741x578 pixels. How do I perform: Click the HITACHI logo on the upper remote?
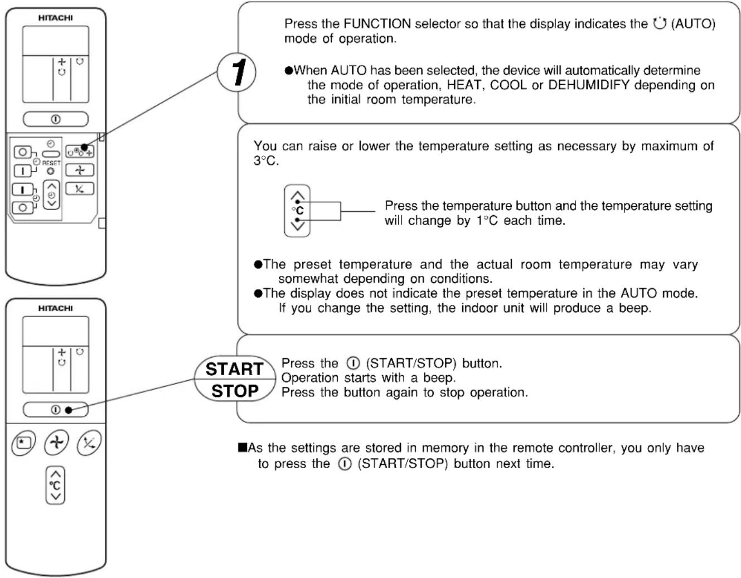55,18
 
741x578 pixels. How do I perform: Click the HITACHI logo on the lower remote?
55,308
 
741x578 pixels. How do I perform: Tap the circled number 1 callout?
236,72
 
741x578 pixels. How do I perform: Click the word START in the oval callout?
235,369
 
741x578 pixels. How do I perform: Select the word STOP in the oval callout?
235,391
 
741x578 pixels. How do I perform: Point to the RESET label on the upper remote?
51,163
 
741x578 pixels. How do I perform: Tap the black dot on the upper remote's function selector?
84,148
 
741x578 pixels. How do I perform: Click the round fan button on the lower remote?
57,443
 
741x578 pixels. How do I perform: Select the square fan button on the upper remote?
80,169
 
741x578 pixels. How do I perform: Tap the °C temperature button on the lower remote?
55,485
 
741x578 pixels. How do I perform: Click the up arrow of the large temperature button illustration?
298,196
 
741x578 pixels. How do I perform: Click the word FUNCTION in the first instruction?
377,24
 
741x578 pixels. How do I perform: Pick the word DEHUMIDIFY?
589,85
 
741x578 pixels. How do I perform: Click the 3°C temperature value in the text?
266,161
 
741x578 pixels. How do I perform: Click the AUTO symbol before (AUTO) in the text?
660,23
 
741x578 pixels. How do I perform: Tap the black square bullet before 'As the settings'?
243,447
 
